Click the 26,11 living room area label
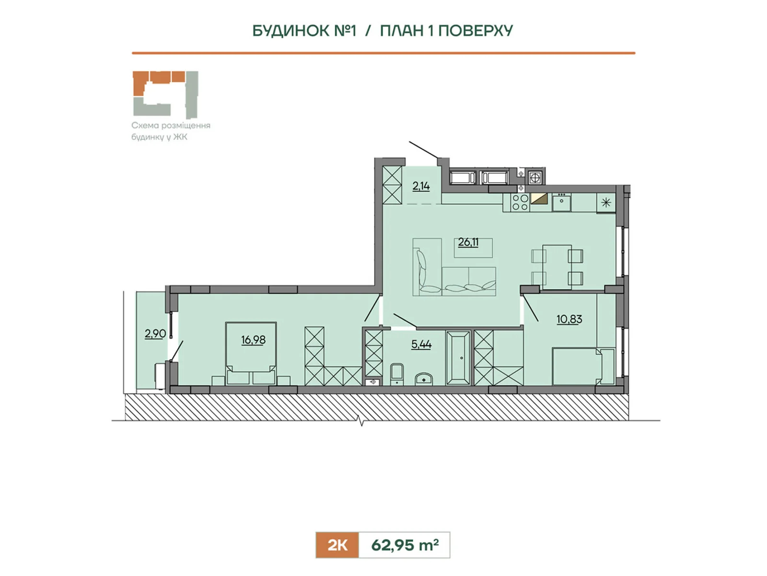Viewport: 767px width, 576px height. point(468,242)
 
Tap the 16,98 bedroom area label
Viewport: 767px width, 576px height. point(253,339)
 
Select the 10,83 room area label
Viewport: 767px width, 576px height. point(569,319)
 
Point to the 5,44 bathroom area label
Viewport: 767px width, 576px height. point(421,345)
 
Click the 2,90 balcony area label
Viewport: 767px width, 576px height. point(155,334)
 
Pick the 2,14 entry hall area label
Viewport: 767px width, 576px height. point(421,186)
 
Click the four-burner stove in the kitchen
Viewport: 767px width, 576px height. point(520,203)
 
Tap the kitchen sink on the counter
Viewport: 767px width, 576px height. point(561,203)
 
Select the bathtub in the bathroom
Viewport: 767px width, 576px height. point(458,358)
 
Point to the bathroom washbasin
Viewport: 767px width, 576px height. point(424,379)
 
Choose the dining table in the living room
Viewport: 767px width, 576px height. point(557,267)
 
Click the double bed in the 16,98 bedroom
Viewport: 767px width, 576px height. point(251,353)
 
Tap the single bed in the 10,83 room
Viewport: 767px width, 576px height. point(583,366)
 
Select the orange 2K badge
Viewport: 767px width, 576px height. point(337,545)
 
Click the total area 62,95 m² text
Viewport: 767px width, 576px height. point(405,545)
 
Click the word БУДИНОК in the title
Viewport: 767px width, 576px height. point(291,31)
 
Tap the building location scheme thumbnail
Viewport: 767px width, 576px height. point(166,95)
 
